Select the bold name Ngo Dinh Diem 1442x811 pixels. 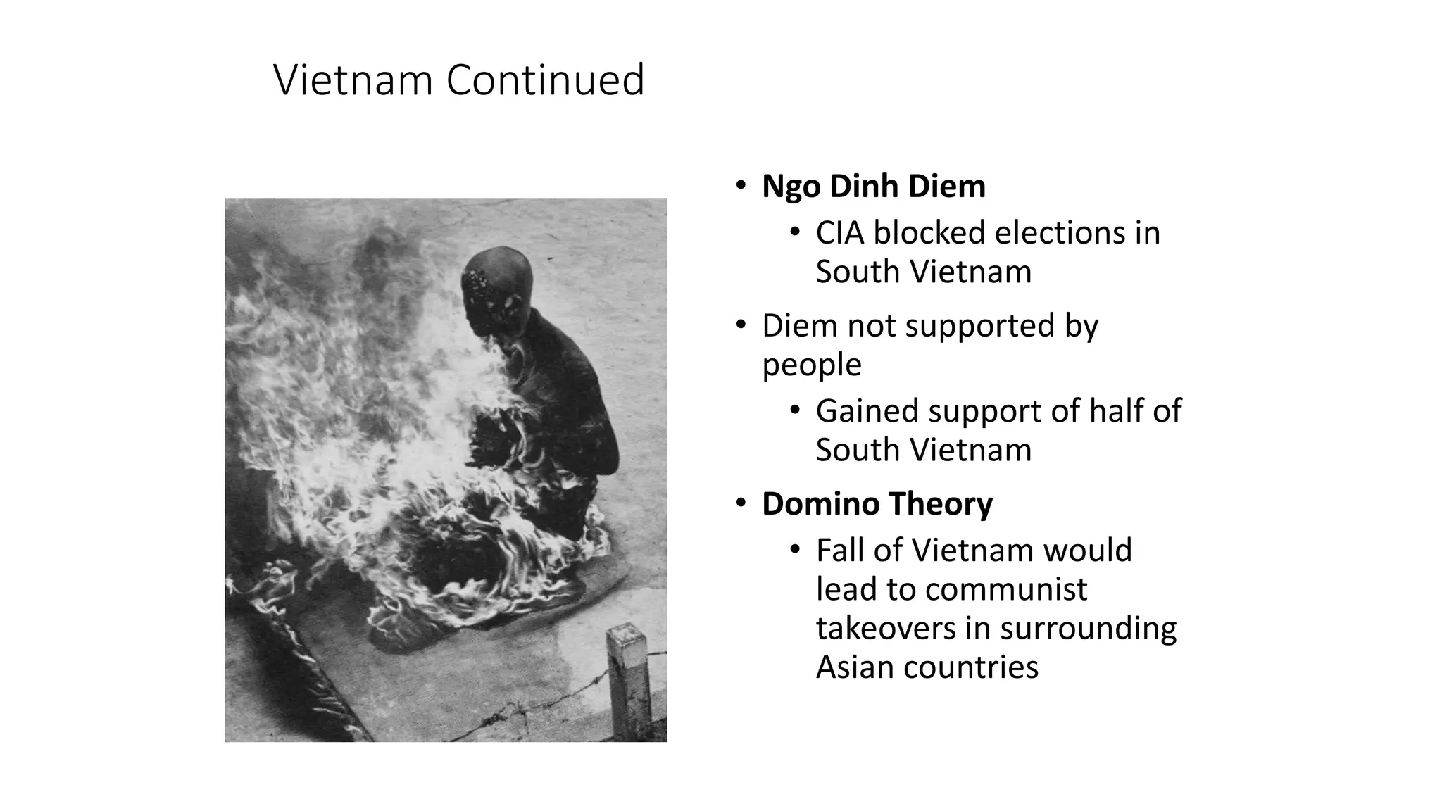point(873,187)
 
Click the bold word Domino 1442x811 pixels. point(820,504)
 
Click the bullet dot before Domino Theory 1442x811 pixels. point(740,503)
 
